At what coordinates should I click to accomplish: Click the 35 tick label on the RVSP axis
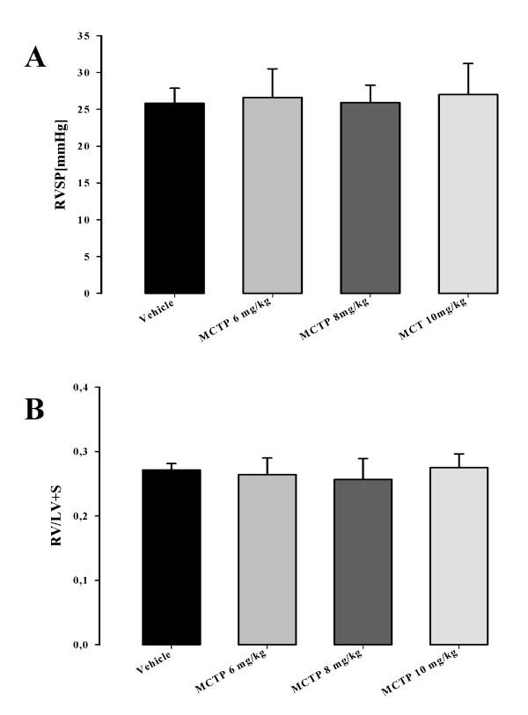[84, 36]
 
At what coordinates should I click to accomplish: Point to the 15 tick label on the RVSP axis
[84, 183]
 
